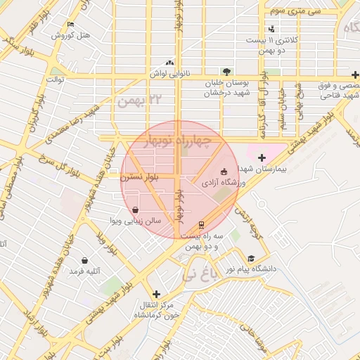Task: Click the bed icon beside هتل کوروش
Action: click(69, 25)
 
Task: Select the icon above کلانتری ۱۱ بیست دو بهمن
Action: click(272, 29)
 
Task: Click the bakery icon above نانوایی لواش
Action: click(168, 62)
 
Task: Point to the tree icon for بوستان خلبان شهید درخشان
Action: click(226, 71)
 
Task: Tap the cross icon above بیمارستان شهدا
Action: click(262, 157)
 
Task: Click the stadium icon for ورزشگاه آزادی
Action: click(224, 171)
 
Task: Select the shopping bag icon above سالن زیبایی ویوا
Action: click(135, 210)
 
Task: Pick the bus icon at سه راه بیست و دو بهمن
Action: click(202, 226)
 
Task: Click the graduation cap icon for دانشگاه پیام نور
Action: click(252, 258)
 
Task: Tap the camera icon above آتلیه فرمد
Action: click(85, 260)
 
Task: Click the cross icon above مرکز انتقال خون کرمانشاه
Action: click(156, 294)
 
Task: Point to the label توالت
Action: click(56, 79)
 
